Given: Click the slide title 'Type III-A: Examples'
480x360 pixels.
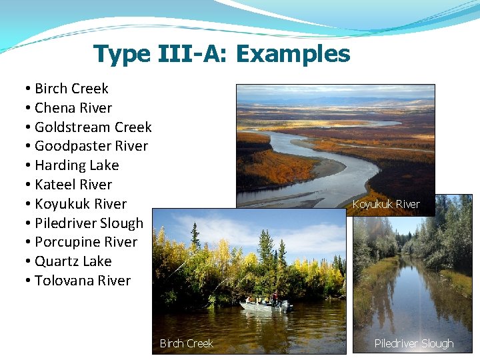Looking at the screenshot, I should tap(221, 53).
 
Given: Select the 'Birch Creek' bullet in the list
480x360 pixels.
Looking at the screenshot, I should tap(71, 89).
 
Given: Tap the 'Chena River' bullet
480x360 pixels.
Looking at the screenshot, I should tap(73, 108).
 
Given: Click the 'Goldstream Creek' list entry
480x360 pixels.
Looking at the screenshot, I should tap(93, 127).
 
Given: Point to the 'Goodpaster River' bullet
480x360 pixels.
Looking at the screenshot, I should tap(91, 146).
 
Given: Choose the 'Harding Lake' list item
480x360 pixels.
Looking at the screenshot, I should tap(77, 165).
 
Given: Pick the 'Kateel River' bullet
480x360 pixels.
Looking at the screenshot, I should tap(73, 185).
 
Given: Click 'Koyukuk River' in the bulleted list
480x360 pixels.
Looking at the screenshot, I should tap(80, 204).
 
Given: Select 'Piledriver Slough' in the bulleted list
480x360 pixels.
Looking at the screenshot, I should tap(89, 223).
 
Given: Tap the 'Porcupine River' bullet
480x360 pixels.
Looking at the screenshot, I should tap(85, 242).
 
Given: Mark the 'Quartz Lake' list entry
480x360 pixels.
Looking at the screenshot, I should tap(73, 261).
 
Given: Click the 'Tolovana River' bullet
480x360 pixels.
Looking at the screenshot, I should tap(83, 281).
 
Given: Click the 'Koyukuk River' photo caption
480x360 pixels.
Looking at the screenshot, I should tap(386, 204).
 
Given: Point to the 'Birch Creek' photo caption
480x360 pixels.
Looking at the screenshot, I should tap(186, 343).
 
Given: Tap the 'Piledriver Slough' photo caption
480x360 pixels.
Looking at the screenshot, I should tap(413, 343).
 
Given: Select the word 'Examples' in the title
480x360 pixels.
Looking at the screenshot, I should tap(293, 53).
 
